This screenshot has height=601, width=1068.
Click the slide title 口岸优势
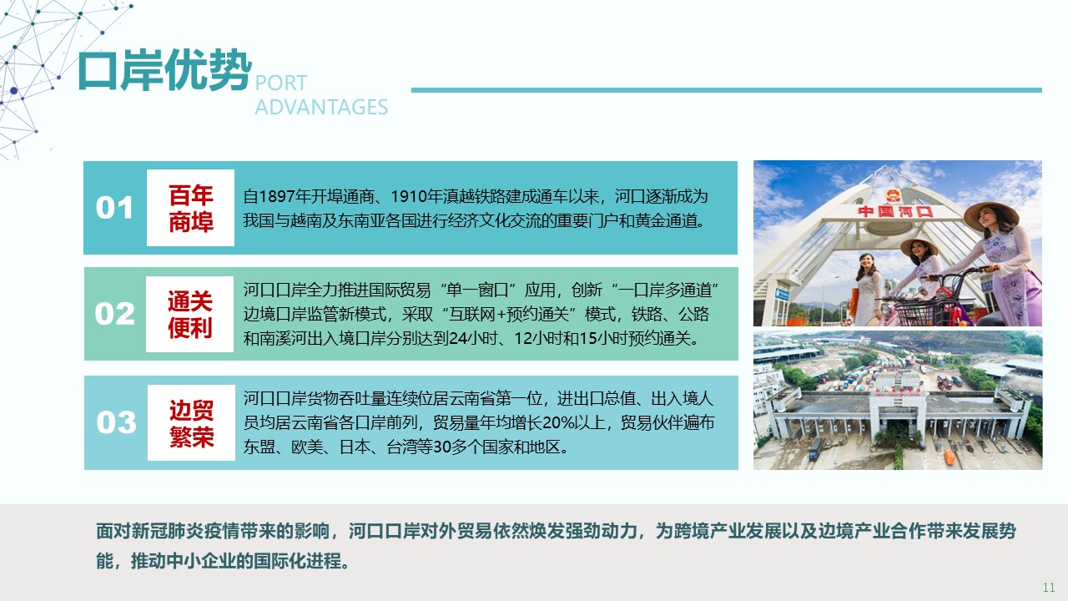[164, 71]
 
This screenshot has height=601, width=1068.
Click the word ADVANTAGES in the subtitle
[321, 108]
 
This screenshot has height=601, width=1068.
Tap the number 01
[114, 208]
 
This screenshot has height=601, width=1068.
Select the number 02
[114, 314]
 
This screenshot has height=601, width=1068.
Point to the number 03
[116, 422]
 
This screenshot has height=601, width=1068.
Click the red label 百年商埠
[191, 209]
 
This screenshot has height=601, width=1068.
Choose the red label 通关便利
[189, 315]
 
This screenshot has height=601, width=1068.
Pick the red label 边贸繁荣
[192, 423]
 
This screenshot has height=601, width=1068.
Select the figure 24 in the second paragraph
[458, 339]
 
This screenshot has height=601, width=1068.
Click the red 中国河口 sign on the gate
[895, 211]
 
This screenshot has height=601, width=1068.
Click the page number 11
[1049, 588]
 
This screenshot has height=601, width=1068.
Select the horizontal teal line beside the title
[726, 90]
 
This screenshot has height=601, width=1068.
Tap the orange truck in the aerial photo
[950, 457]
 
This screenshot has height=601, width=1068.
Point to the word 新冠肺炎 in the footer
[166, 531]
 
